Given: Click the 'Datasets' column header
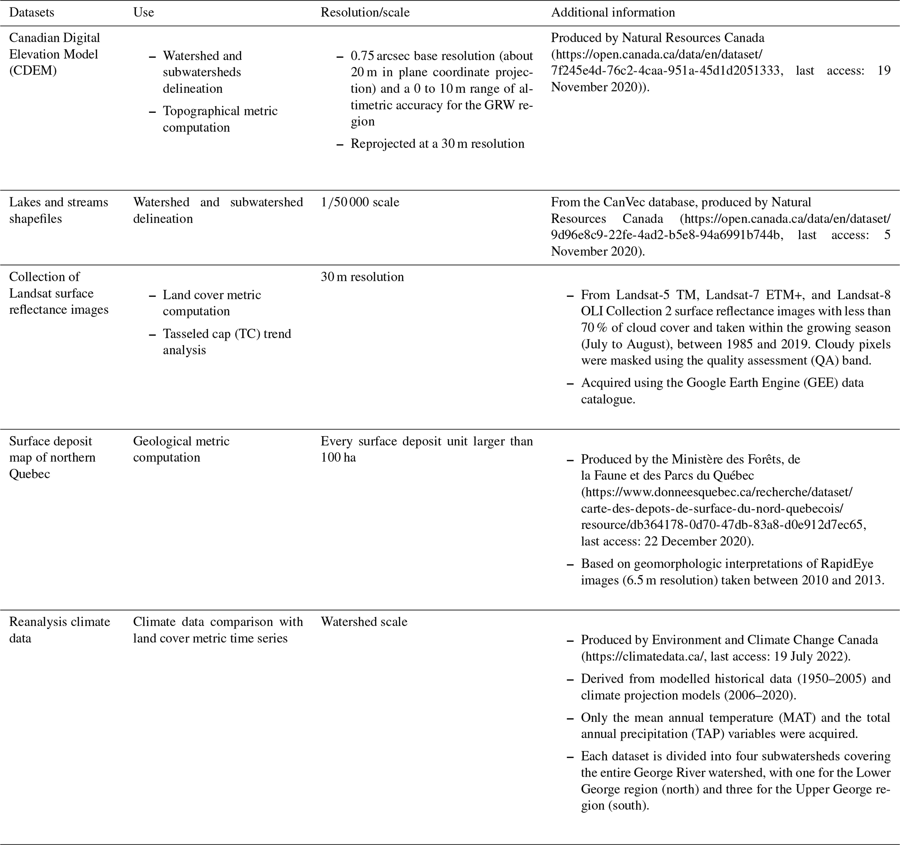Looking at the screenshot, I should (31, 12).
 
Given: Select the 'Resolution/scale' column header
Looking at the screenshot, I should (365, 12).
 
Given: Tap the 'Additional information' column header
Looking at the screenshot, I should (613, 12).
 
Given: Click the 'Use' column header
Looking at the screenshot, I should (143, 12).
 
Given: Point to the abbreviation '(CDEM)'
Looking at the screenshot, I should (33, 71).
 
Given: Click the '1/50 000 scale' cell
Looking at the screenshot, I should (360, 202).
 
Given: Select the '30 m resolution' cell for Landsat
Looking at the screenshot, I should (362, 276).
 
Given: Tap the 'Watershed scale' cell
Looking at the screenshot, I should (364, 621).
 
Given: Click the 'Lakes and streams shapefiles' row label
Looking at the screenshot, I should (58, 210).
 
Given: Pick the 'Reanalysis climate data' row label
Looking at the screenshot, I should (59, 630).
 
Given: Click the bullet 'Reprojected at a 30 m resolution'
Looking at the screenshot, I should (437, 144).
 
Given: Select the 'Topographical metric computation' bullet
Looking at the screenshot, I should (220, 119).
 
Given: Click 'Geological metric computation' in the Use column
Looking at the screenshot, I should (181, 449).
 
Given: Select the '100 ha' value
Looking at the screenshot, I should (338, 458).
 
